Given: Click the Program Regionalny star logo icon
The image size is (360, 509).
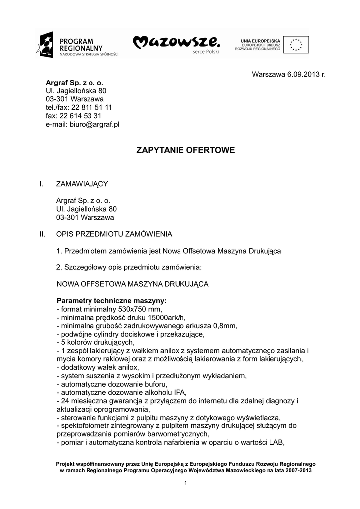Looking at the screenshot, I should (44, 44).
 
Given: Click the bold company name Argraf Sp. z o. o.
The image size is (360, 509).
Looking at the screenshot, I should (75, 83).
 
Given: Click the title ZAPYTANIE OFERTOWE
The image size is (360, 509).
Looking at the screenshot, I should (185, 150).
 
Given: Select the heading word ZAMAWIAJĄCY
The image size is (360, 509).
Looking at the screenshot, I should (82, 184).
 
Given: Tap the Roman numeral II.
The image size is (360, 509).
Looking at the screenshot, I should (42, 233).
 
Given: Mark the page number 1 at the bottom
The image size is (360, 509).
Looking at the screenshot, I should (185, 483).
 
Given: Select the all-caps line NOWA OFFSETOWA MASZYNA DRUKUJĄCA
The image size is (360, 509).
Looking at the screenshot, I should (132, 284).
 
